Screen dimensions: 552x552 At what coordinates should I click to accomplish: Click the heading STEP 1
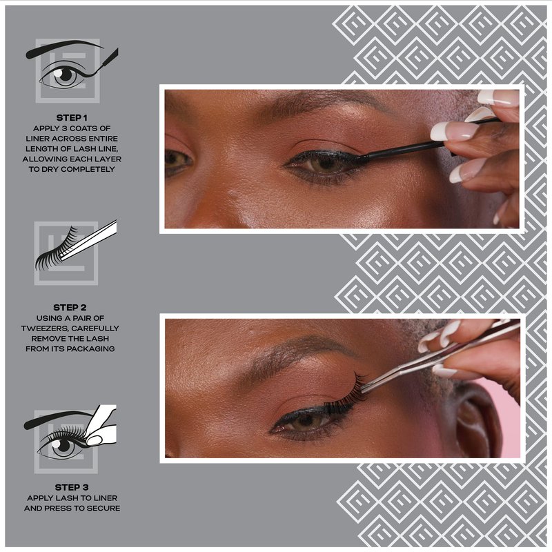coord(72,118)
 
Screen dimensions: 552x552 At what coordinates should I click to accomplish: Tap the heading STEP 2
coord(70,308)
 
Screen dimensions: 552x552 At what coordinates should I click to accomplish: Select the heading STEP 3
coord(72,488)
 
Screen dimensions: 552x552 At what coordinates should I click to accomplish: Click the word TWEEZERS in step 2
coord(42,328)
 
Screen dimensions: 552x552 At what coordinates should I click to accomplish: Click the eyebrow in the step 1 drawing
coord(63,48)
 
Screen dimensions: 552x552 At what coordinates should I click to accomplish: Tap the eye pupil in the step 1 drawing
coord(66,75)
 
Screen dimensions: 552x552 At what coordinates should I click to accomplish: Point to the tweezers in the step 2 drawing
coord(90,239)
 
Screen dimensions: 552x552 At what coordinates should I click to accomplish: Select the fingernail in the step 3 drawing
coord(95,440)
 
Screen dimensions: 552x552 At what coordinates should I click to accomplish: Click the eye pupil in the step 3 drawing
coord(63,445)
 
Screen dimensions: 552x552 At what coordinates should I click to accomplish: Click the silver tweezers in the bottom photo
coord(440,355)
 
